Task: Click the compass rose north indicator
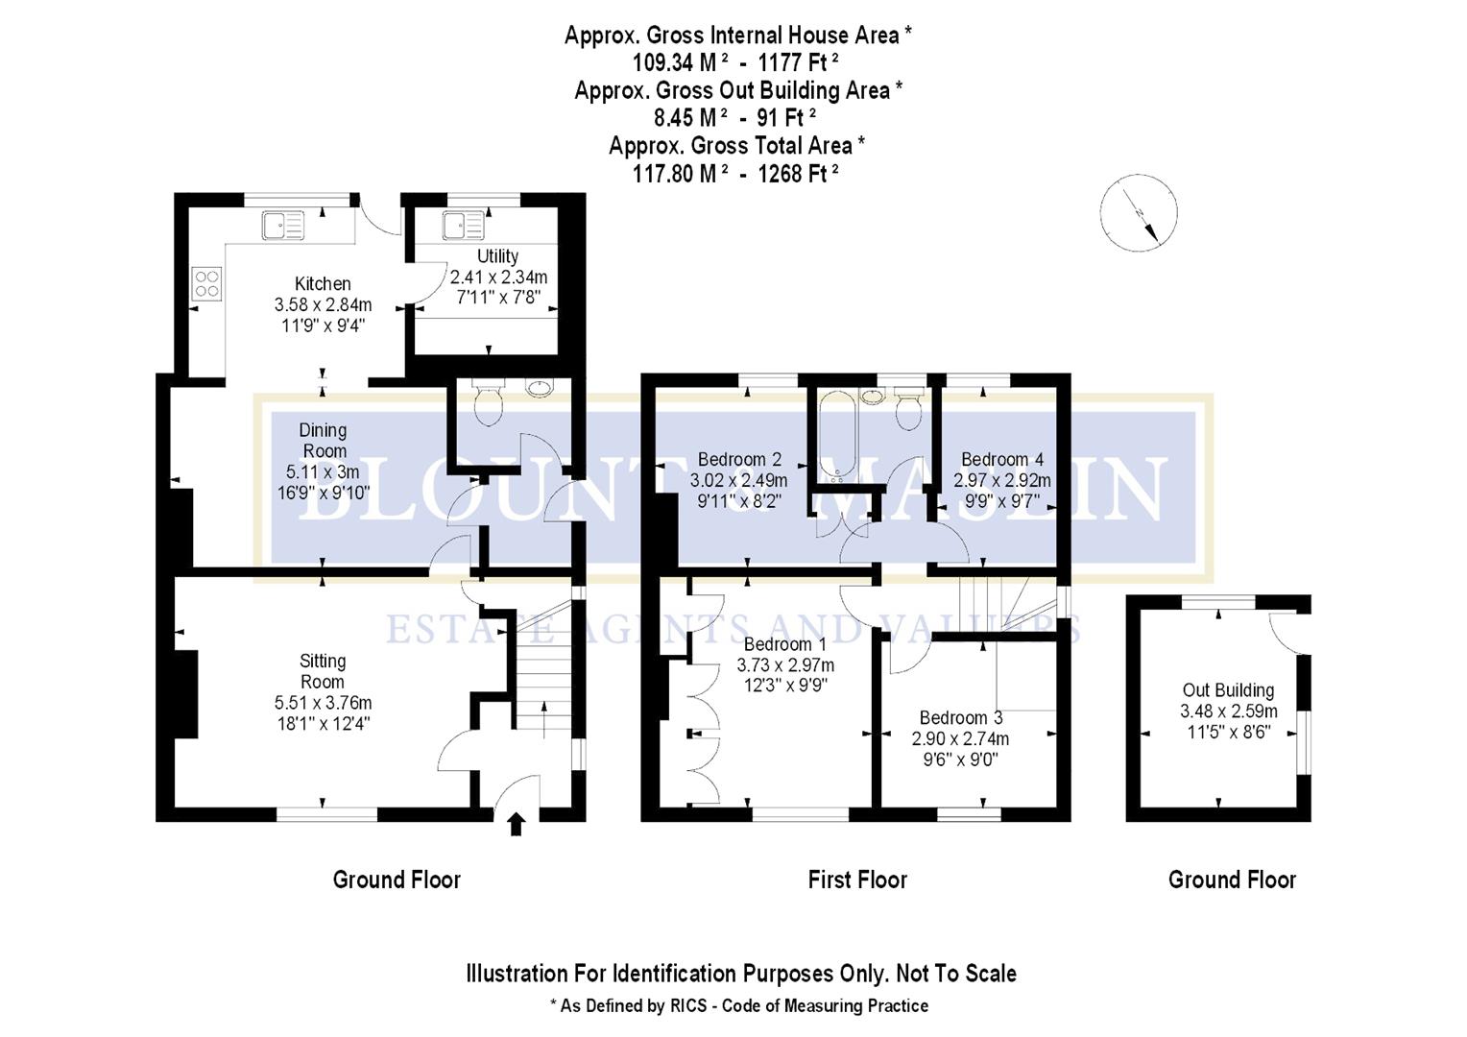[1139, 213]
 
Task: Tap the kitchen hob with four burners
[206, 283]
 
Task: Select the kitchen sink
[282, 226]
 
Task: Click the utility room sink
[463, 226]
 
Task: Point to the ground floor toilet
[489, 403]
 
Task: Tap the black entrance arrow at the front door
[517, 824]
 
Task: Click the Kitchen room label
[323, 283]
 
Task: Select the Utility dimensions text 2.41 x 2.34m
[498, 277]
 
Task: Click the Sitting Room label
[323, 671]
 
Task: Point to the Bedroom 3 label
[960, 717]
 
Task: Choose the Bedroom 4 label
[1001, 459]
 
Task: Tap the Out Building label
[1228, 689]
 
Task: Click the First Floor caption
[856, 880]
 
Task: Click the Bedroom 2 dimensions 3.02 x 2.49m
[738, 480]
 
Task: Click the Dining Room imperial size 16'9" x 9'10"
[323, 493]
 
